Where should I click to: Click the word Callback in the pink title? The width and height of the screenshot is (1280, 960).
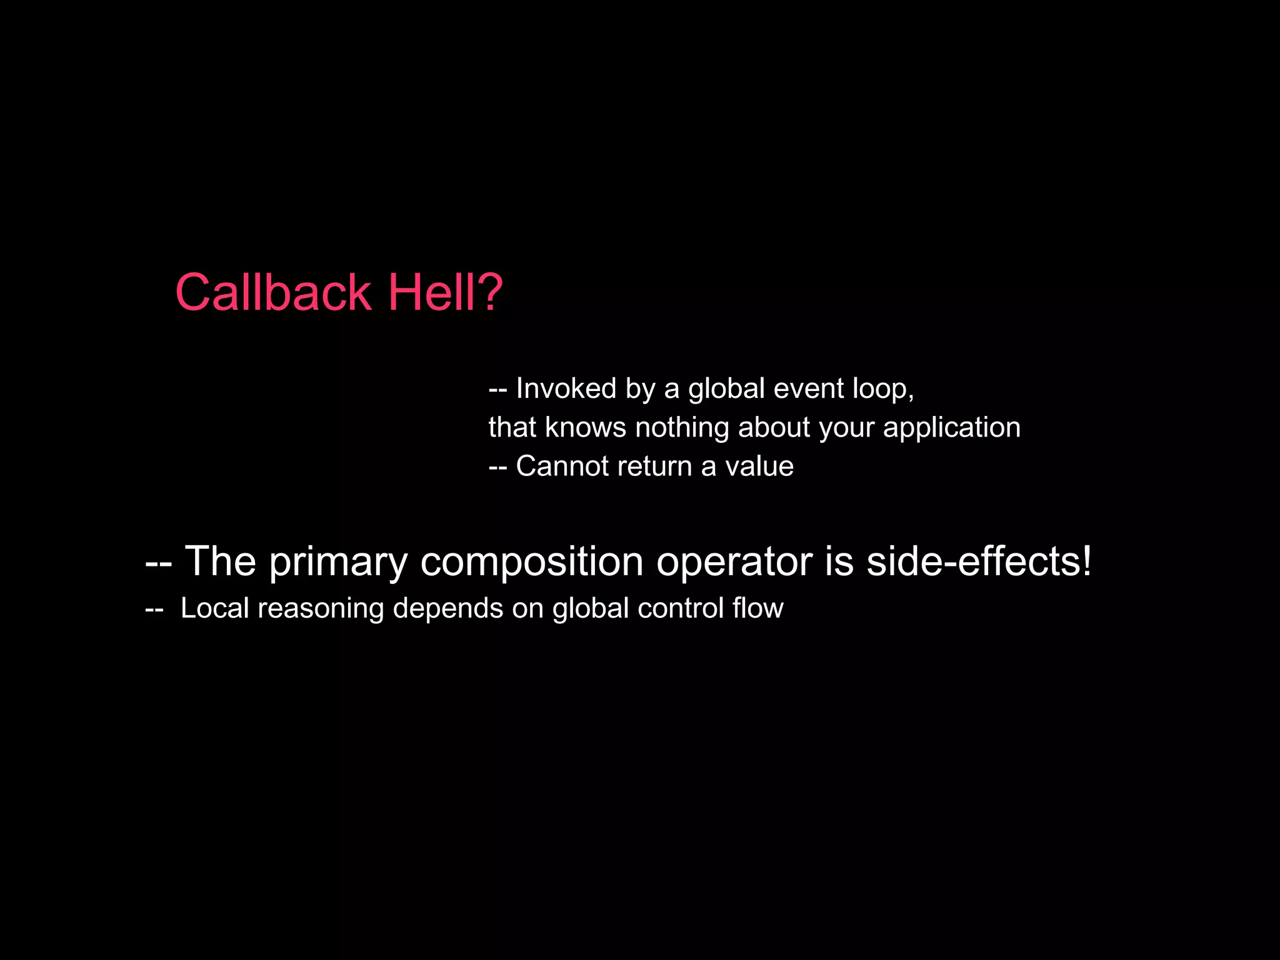pyautogui.click(x=273, y=292)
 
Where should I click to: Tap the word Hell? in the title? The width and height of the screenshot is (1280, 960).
pyautogui.click(x=445, y=292)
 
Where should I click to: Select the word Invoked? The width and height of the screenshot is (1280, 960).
pyautogui.click(x=566, y=388)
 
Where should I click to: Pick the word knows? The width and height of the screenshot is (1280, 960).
pyautogui.click(x=585, y=428)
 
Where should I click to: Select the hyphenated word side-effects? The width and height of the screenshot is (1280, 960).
pyautogui.click(x=979, y=561)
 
